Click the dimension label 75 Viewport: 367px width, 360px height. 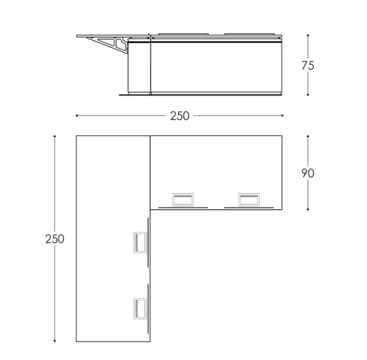coord(308,66)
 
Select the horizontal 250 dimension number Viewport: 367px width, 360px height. coord(180,116)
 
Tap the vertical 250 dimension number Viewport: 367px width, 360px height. coord(55,239)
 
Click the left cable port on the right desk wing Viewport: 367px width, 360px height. coord(183,200)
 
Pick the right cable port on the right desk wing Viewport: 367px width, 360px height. coord(249,200)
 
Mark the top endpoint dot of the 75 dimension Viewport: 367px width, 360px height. coord(308,35)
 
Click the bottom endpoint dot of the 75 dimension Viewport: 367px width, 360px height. coord(308,94)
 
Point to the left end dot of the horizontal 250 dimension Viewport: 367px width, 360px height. coord(77,116)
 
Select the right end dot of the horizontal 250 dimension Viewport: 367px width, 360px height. coord(282,116)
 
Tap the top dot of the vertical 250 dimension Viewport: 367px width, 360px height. coord(55,136)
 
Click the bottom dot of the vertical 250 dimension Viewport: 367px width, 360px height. coord(55,341)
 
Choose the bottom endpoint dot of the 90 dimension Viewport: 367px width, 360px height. coord(308,209)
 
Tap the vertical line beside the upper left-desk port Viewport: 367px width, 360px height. coord(148,242)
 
